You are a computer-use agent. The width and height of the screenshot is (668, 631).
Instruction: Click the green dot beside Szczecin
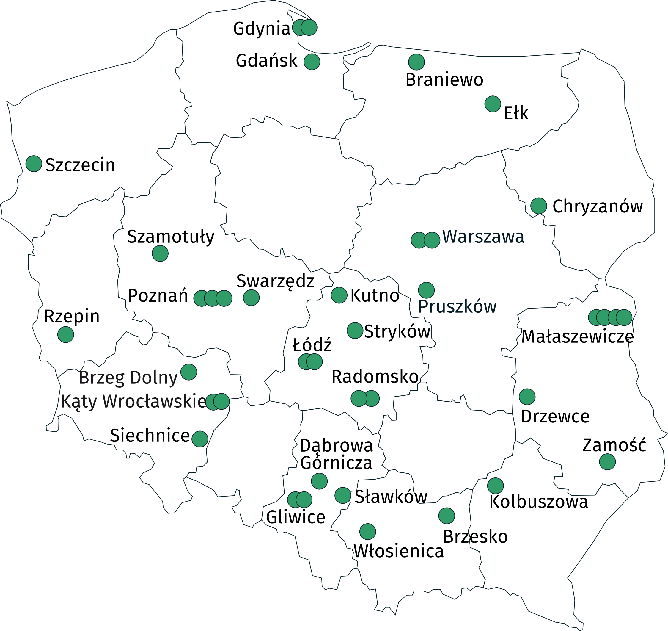point(34,164)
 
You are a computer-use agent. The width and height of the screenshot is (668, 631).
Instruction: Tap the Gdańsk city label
point(266,61)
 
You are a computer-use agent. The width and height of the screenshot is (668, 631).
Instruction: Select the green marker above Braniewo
point(416,62)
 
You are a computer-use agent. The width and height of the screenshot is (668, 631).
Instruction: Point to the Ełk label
point(516,113)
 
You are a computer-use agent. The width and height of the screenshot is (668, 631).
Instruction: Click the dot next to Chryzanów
point(539,206)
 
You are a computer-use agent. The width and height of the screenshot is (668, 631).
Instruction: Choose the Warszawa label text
point(483,237)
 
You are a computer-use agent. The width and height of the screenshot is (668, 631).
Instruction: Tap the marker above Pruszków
point(426,290)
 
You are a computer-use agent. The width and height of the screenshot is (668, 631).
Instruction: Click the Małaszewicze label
point(577,336)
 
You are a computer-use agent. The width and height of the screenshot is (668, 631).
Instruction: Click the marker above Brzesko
point(447,516)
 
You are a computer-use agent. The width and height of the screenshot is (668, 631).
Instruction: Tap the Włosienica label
point(398,551)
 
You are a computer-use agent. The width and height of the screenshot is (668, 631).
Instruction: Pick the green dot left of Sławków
point(343,495)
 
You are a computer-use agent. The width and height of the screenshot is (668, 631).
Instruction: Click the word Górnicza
point(336,463)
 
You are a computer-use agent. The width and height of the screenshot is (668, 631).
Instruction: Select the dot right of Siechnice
point(200,439)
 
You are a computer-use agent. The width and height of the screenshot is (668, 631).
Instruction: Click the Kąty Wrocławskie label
point(133,401)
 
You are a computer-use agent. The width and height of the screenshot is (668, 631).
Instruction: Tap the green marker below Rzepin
point(66,335)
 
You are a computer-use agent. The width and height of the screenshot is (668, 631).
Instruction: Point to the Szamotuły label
point(170,237)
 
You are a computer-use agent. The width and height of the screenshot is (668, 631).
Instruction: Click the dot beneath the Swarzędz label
point(251,298)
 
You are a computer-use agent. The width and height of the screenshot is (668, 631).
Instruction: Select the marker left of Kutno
point(339,295)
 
